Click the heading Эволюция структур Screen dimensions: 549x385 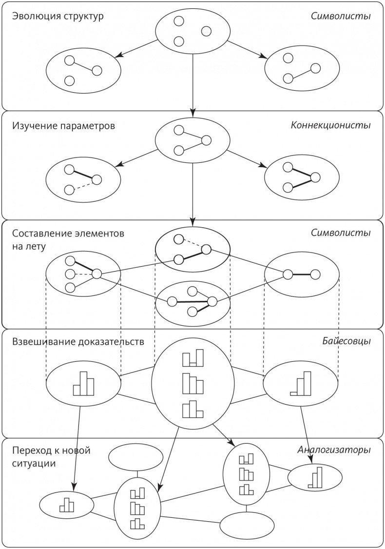point(58,16)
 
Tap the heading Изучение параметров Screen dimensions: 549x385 point(63,126)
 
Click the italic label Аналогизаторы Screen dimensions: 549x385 point(334,450)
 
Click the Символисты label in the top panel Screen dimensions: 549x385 point(341,16)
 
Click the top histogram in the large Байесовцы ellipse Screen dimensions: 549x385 point(192,358)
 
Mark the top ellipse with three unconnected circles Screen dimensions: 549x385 point(192,32)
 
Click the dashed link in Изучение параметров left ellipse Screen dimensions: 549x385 point(83,185)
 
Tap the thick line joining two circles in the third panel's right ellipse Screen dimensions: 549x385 point(302,274)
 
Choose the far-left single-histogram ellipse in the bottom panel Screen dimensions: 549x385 point(66,505)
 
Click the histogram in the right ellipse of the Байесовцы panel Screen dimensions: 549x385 point(300,383)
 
